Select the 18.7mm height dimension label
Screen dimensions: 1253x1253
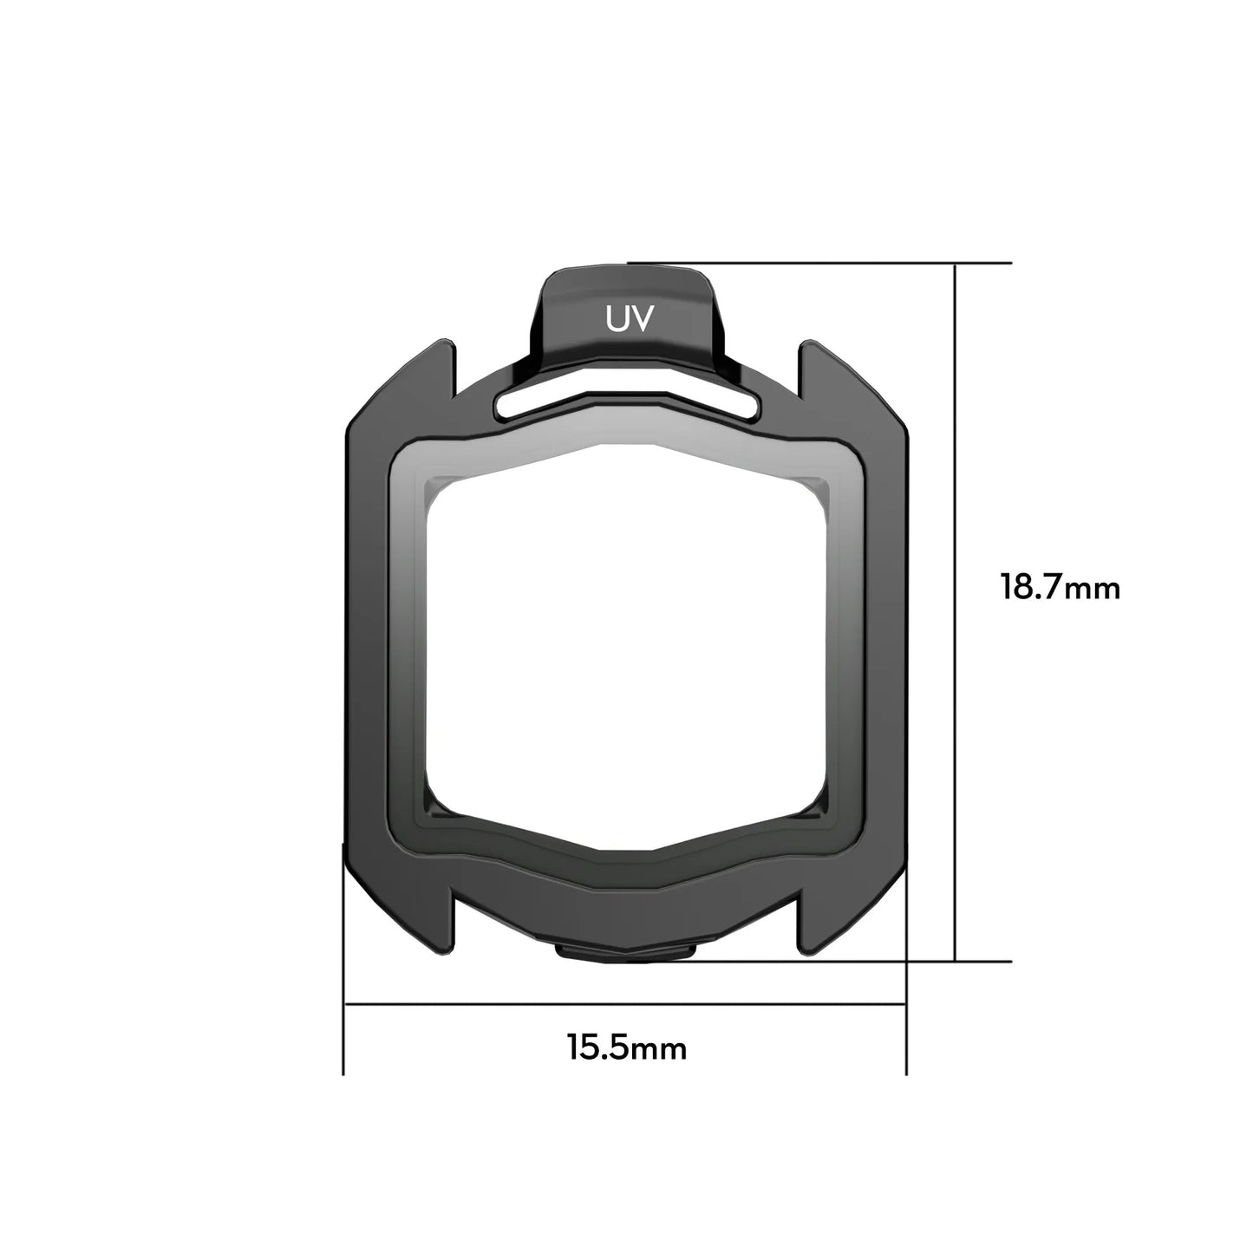1060,588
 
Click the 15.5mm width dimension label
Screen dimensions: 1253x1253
627,1047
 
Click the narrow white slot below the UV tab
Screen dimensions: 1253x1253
628,401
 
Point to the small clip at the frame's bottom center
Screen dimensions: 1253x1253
626,952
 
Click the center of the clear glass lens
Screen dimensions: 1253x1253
626,642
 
